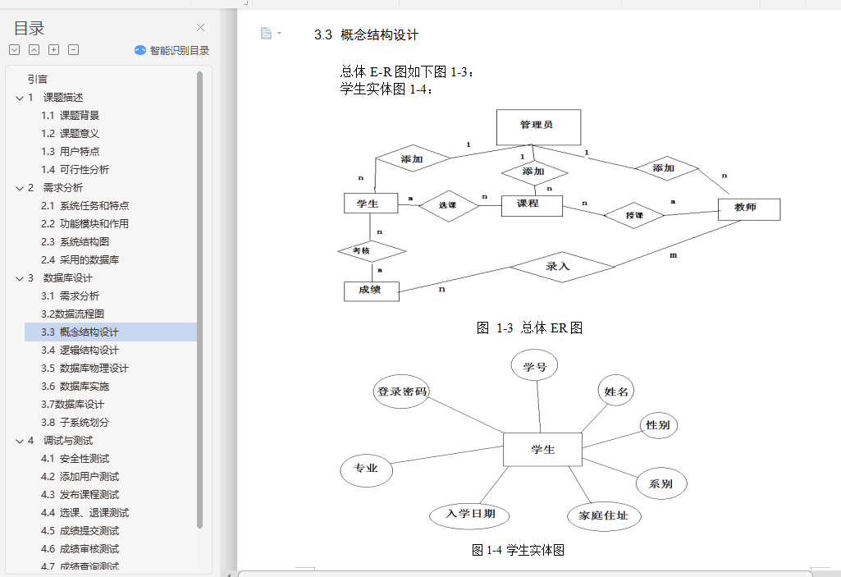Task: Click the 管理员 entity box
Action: pos(538,126)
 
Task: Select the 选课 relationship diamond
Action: pos(448,206)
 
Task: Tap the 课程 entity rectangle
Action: pos(531,204)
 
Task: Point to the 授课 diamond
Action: pos(633,216)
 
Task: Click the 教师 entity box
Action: pos(748,209)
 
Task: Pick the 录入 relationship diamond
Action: pos(560,267)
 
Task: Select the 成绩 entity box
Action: pos(371,291)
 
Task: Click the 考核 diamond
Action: pos(372,250)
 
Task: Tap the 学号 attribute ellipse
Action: pos(534,367)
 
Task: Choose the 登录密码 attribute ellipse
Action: pos(402,392)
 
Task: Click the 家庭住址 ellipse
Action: pos(603,515)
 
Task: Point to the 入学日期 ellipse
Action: pos(470,515)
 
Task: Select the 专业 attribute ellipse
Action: pos(366,469)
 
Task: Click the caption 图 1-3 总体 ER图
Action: pos(529,328)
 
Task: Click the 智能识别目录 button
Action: pos(172,50)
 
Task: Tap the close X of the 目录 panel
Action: pos(200,28)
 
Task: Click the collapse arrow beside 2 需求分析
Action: pos(20,187)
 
